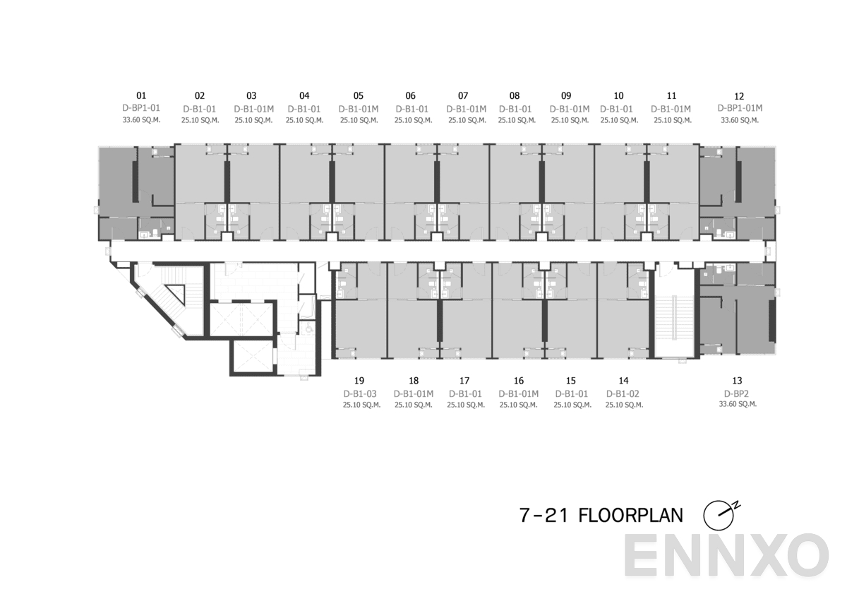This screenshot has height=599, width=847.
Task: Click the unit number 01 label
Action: click(x=141, y=95)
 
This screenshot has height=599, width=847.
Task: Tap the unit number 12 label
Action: click(x=739, y=96)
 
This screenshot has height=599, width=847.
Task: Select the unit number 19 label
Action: click(x=359, y=381)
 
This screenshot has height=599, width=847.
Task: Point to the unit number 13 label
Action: click(x=738, y=381)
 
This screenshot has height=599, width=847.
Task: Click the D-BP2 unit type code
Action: click(x=738, y=393)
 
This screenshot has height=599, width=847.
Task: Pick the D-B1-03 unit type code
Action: click(x=360, y=393)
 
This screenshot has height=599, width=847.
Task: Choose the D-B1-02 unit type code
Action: click(x=623, y=393)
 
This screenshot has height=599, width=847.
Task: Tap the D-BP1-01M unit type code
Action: click(x=739, y=108)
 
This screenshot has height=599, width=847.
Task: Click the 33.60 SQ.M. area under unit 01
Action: click(x=141, y=120)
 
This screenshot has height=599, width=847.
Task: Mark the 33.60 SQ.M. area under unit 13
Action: click(x=738, y=404)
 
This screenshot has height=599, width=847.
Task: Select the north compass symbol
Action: click(x=720, y=515)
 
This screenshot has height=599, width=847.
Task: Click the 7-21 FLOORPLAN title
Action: click(x=601, y=516)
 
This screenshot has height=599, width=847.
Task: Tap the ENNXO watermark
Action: click(x=726, y=555)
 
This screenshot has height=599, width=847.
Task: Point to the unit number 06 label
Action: click(x=411, y=95)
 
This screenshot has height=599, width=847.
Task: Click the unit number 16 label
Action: click(x=519, y=381)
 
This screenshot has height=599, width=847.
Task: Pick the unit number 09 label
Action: click(x=566, y=95)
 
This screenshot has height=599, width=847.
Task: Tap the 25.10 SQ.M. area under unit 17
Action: click(x=465, y=405)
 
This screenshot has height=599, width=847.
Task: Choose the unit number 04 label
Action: click(x=304, y=95)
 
